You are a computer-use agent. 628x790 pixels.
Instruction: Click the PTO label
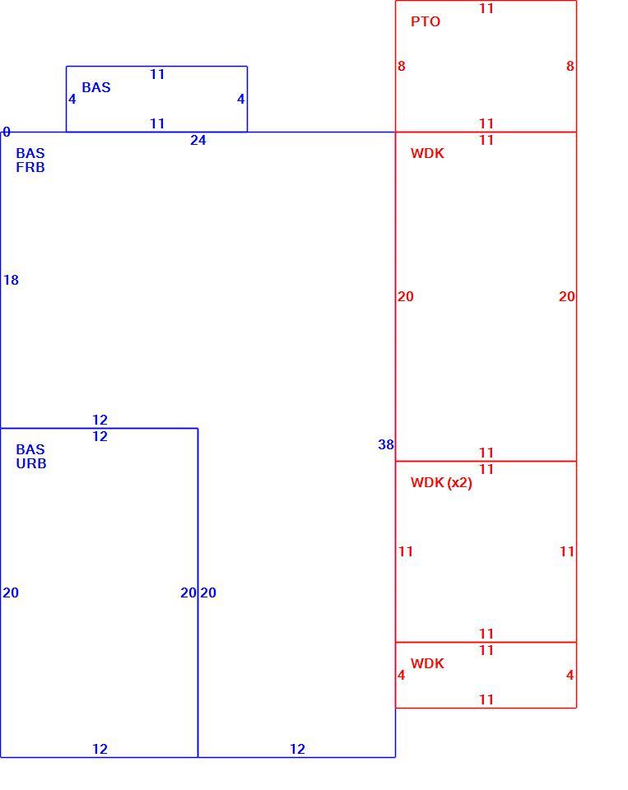point(426,21)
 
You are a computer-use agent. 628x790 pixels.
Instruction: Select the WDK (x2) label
point(441,483)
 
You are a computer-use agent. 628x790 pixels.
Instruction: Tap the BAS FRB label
point(30,160)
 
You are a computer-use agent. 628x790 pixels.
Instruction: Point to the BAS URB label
point(30,457)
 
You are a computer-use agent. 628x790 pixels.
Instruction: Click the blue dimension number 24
point(198,140)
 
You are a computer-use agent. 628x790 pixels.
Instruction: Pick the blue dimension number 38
point(386,444)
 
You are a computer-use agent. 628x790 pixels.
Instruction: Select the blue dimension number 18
point(11,280)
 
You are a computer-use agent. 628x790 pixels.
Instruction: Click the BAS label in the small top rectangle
point(95,88)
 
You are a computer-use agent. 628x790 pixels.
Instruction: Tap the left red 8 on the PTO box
point(401,66)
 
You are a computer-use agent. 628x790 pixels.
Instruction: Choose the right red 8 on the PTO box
point(570,66)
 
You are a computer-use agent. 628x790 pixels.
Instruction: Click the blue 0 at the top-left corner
point(7,132)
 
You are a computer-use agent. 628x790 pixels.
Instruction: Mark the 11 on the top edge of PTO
point(486,8)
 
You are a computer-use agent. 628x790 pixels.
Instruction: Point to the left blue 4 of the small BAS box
point(72,100)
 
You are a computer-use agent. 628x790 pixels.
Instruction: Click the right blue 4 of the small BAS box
point(241,100)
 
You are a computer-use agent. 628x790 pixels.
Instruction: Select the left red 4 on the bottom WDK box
point(401,675)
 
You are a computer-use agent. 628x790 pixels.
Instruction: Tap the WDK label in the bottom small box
point(427,663)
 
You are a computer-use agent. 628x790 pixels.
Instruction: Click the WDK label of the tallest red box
point(427,153)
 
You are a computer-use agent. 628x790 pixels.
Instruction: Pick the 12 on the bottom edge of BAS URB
point(100,749)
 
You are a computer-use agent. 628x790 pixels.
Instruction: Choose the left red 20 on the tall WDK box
point(406,296)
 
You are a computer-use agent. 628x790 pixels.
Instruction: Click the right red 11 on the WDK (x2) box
point(567,551)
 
